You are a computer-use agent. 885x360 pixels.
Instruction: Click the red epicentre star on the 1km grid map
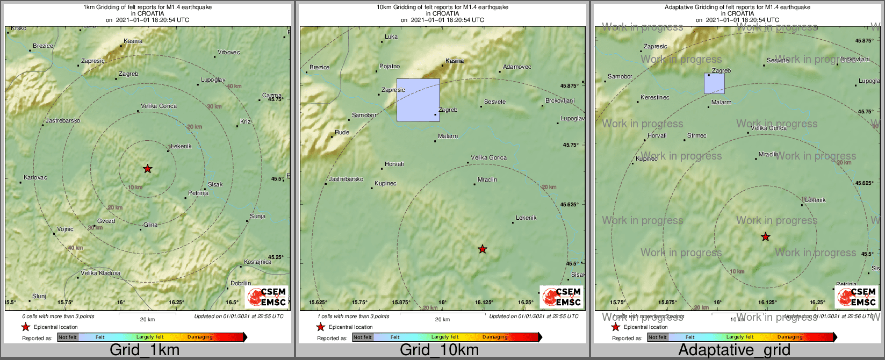[x=148, y=169]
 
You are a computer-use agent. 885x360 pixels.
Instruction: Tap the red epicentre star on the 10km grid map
[x=483, y=249]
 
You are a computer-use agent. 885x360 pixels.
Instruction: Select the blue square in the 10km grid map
[x=418, y=100]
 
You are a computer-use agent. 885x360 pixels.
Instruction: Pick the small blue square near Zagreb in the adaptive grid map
[x=714, y=83]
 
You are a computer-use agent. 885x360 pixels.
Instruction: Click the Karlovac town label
[x=35, y=178]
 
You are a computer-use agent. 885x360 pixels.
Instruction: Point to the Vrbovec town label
[x=229, y=53]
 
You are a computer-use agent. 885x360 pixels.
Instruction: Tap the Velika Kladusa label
[x=100, y=273]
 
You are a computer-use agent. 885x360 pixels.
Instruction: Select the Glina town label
[x=150, y=225]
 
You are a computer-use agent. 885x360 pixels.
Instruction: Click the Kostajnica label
[x=257, y=262]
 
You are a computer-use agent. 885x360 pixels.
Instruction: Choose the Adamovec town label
[x=517, y=67]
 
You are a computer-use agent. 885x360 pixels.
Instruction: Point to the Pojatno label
[x=390, y=67]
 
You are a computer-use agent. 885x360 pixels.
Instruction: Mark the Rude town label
[x=342, y=133]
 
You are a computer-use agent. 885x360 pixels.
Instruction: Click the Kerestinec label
[x=655, y=98]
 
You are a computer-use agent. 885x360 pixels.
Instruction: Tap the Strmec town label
[x=697, y=136]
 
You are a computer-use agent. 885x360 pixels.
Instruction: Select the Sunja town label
[x=257, y=217]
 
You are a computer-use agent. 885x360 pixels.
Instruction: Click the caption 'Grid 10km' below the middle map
[x=439, y=350]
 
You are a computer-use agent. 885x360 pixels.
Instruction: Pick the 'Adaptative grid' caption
[x=734, y=350]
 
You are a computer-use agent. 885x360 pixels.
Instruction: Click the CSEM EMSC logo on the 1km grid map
[x=267, y=297]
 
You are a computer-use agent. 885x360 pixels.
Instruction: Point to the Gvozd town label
[x=106, y=221]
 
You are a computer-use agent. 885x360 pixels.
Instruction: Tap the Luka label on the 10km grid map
[x=391, y=37]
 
